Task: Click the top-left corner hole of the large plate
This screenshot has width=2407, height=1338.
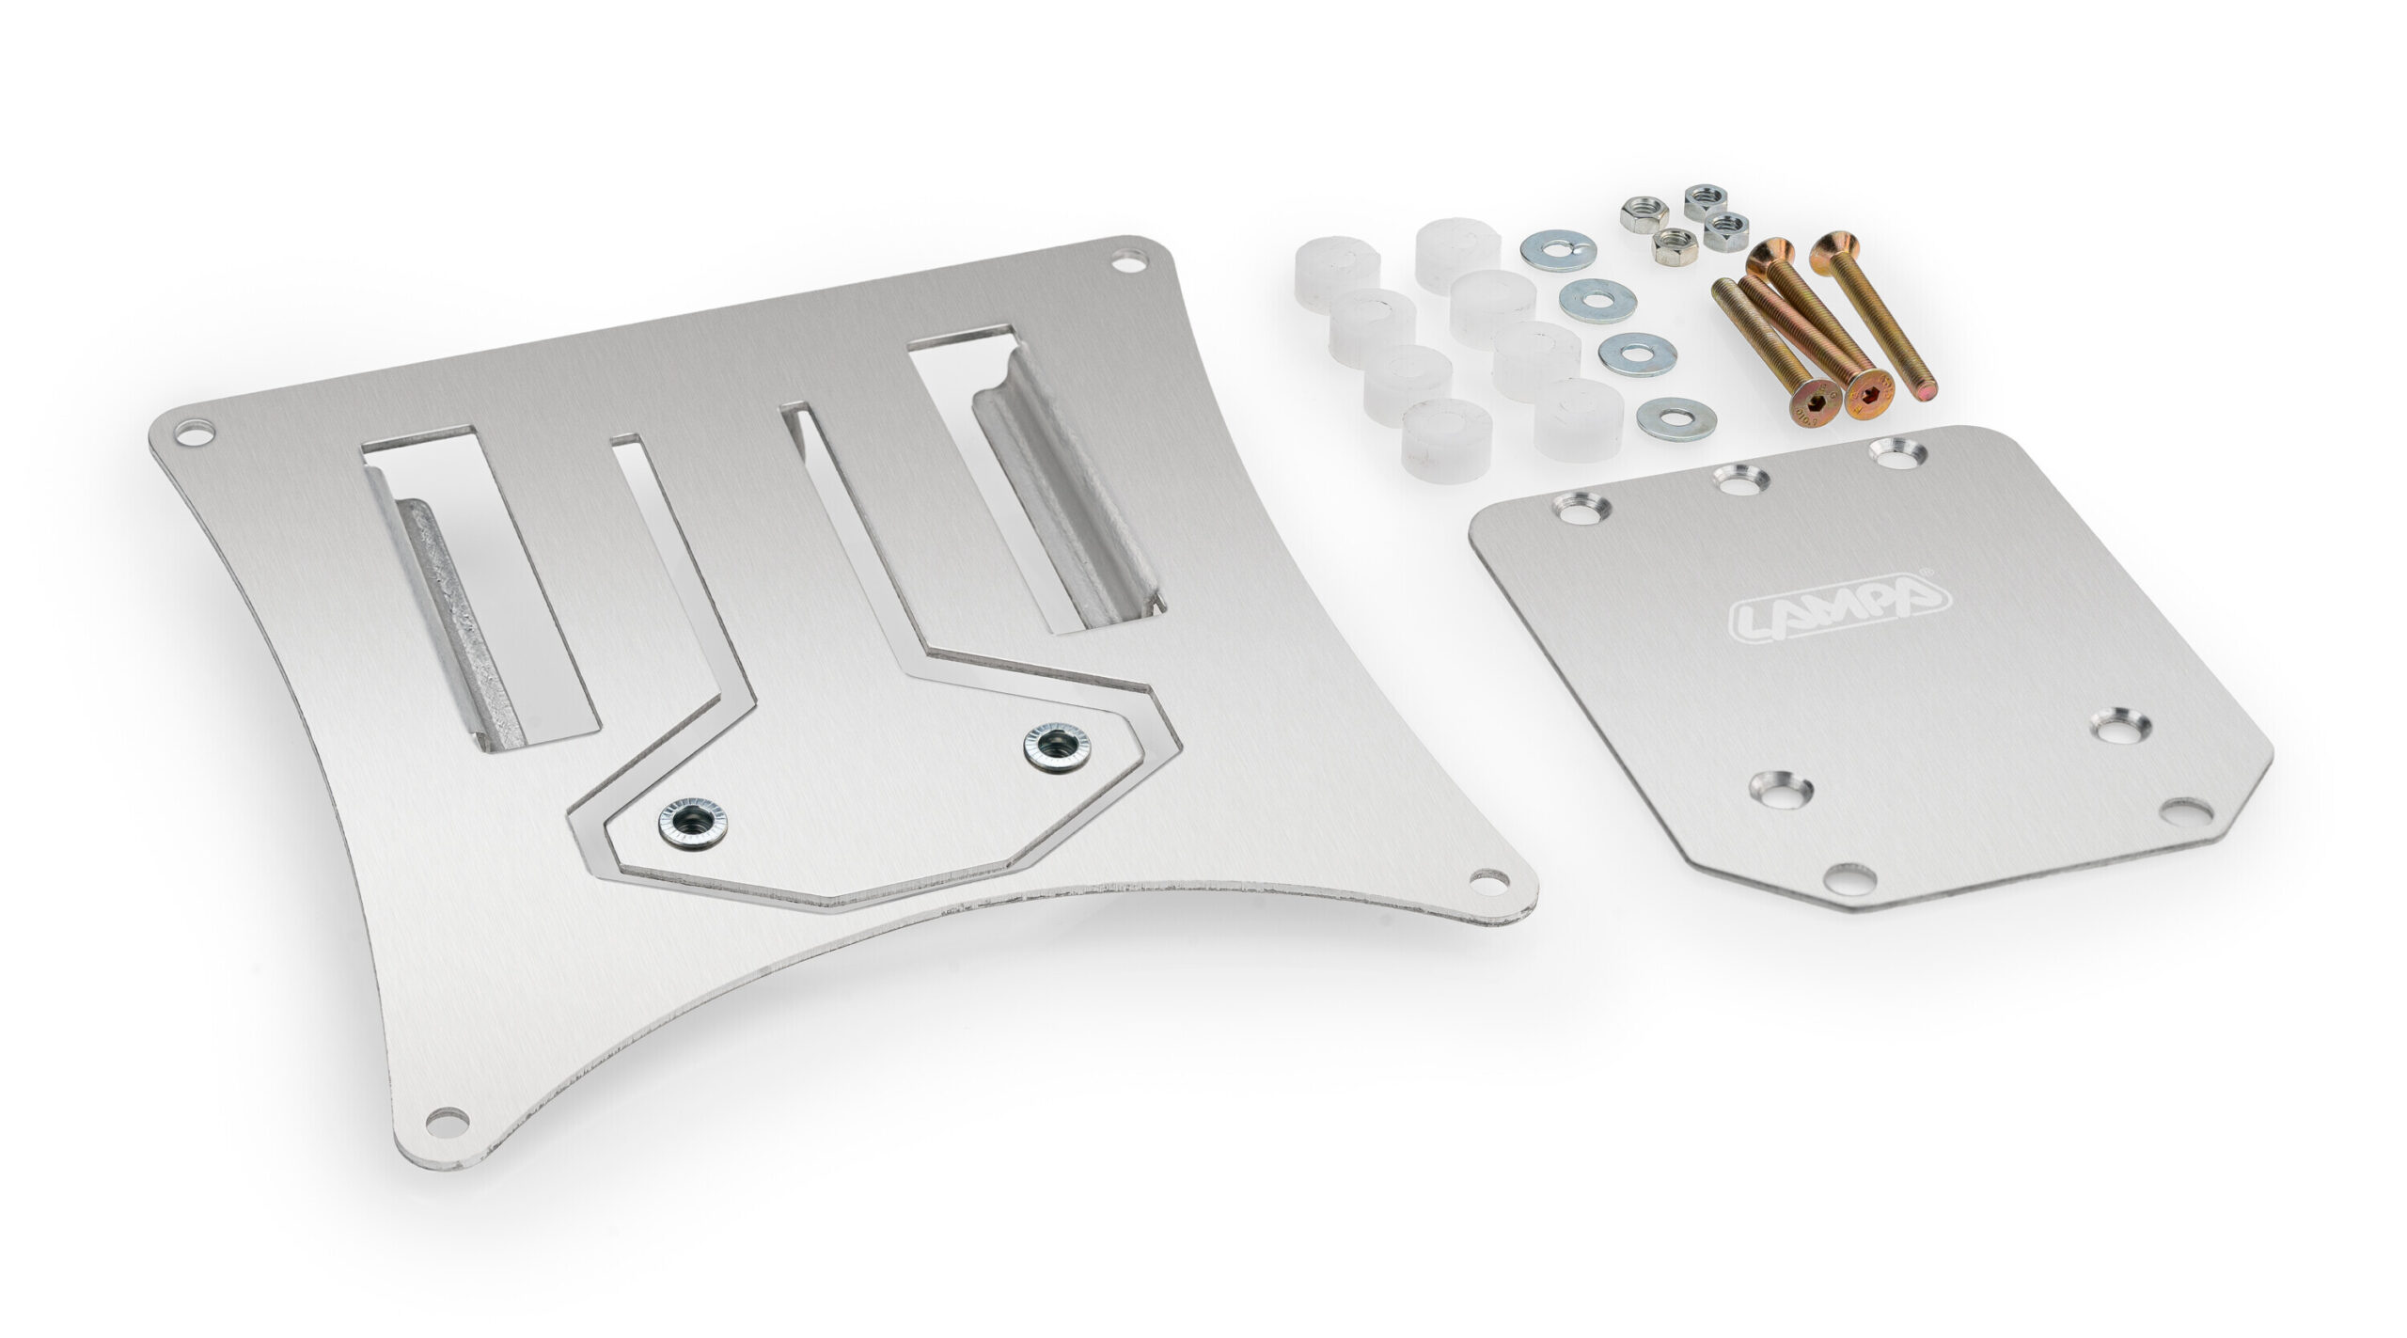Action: pos(195,434)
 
